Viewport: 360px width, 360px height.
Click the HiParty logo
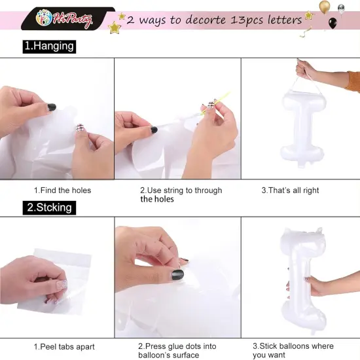(x=64, y=18)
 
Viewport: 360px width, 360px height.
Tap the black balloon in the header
(x=333, y=23)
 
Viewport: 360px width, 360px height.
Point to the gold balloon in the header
(x=325, y=7)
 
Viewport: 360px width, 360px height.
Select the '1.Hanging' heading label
(x=49, y=46)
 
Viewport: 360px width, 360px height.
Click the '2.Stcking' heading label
(x=49, y=207)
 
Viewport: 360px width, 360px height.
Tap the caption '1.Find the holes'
(x=62, y=190)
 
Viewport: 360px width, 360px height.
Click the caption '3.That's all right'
(x=290, y=190)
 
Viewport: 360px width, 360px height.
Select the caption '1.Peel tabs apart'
(x=64, y=347)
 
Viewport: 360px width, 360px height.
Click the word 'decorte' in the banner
(x=206, y=20)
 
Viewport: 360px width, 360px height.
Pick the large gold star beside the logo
(x=115, y=27)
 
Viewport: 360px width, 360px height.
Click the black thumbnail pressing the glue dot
(x=177, y=275)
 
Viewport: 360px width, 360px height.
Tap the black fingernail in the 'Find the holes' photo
(x=52, y=107)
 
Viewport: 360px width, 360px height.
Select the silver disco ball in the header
(x=341, y=9)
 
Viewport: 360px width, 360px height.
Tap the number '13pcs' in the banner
(x=247, y=20)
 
